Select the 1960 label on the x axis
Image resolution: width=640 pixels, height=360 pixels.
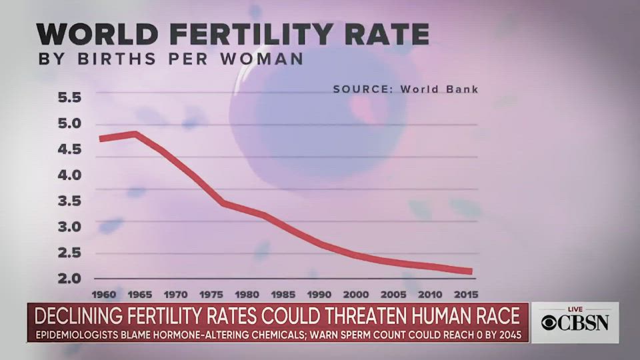click(x=105, y=294)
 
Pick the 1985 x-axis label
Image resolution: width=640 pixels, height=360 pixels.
click(x=284, y=294)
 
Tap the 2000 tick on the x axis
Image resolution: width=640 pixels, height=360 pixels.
click(x=356, y=294)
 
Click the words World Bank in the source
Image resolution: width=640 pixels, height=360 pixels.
click(x=439, y=89)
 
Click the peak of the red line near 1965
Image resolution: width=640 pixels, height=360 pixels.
click(x=136, y=133)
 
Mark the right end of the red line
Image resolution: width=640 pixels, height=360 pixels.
click(x=471, y=271)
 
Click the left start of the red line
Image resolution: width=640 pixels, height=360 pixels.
click(x=100, y=139)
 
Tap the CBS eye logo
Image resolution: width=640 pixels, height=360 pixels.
click(x=547, y=323)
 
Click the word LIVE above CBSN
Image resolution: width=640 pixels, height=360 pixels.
click(x=575, y=309)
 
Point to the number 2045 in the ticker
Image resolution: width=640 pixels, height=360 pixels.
click(x=508, y=333)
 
